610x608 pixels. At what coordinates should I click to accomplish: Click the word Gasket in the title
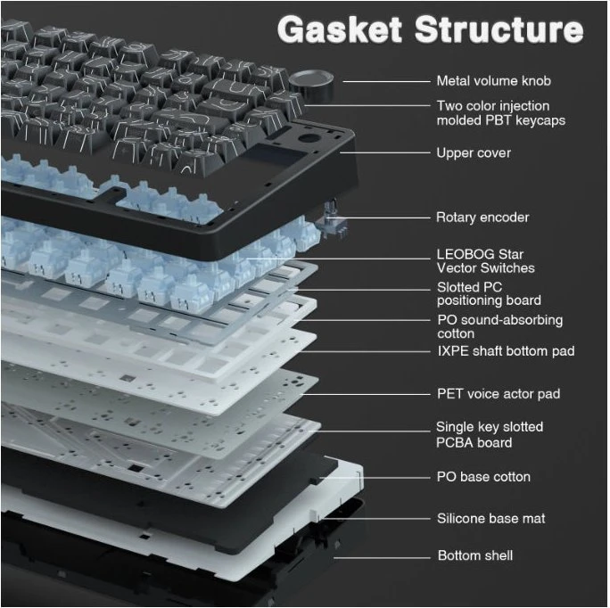click(x=339, y=29)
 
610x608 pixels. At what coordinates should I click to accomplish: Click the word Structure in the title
click(x=499, y=29)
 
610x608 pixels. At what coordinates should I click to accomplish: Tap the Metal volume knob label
click(x=494, y=81)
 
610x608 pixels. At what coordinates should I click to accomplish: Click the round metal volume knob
click(x=311, y=84)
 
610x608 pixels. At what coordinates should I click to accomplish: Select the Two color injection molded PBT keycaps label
click(x=500, y=113)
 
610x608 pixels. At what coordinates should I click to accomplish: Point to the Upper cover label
click(x=474, y=152)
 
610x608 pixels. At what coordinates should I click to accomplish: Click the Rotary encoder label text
click(x=482, y=217)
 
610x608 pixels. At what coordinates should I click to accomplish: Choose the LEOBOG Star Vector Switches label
click(x=485, y=261)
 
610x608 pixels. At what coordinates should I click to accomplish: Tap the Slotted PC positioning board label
click(x=489, y=293)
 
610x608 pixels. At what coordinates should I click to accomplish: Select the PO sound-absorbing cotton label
click(x=500, y=327)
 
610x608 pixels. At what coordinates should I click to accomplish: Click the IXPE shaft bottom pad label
click(x=506, y=351)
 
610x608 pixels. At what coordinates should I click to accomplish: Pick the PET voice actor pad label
click(x=499, y=394)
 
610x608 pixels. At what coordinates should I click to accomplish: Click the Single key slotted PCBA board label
click(x=490, y=434)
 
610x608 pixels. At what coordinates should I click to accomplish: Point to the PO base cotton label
click(x=483, y=477)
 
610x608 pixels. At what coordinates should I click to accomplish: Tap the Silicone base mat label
click(x=491, y=519)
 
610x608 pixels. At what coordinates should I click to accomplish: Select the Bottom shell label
click(x=475, y=555)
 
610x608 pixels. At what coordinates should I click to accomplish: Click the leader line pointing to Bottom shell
click(x=382, y=558)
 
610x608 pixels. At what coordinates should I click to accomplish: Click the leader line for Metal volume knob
click(x=386, y=82)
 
